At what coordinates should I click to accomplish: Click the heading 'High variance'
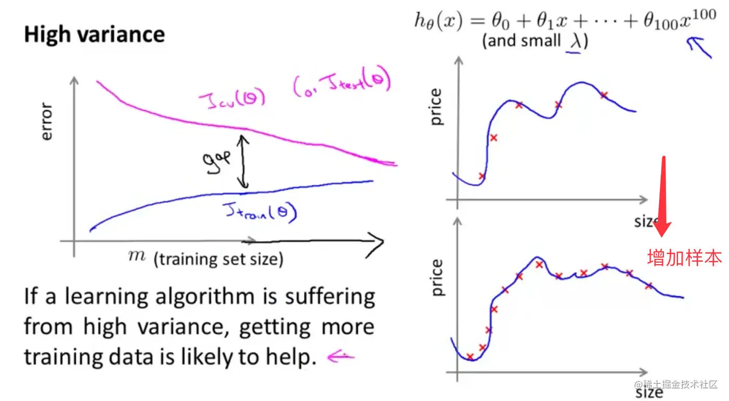[94, 35]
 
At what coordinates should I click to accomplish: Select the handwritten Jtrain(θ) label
[258, 211]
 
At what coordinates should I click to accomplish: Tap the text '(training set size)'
[218, 259]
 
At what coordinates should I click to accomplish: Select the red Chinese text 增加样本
[684, 258]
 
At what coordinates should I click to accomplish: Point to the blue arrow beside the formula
[698, 48]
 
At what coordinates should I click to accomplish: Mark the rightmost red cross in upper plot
[604, 95]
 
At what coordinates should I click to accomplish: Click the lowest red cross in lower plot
[470, 357]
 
